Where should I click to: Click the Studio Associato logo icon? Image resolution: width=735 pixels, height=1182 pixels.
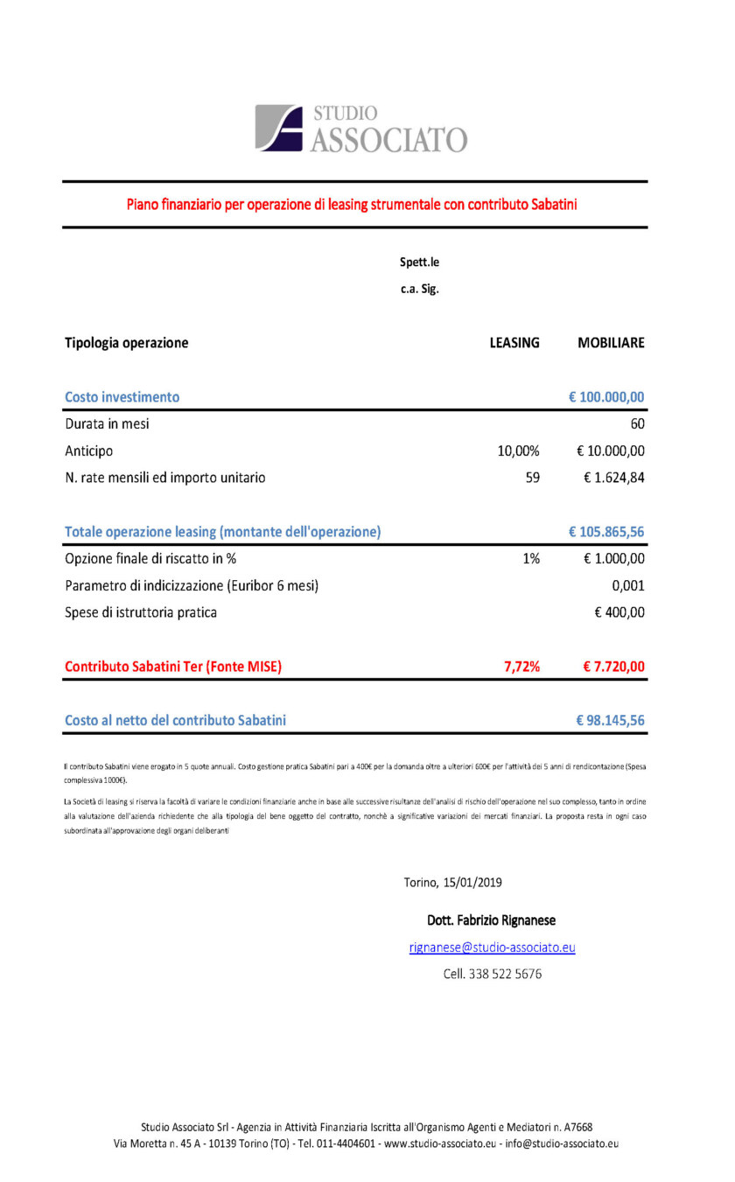click(x=278, y=128)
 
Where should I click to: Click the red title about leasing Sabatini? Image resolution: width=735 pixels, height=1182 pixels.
click(x=352, y=205)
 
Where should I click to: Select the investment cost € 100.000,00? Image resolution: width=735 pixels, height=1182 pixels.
click(x=606, y=397)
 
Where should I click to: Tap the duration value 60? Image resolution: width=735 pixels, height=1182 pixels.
click(x=636, y=424)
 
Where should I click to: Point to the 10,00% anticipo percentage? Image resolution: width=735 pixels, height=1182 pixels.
click(x=518, y=451)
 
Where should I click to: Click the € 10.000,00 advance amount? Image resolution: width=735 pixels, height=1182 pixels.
click(x=611, y=451)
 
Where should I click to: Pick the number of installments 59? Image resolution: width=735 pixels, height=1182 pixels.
click(x=531, y=478)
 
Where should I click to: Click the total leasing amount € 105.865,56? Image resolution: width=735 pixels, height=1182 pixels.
click(x=606, y=532)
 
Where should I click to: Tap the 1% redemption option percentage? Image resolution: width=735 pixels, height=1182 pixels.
click(x=531, y=559)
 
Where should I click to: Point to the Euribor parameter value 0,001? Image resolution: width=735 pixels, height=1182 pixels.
click(x=627, y=585)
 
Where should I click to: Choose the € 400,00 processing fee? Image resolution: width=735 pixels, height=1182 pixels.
click(x=619, y=612)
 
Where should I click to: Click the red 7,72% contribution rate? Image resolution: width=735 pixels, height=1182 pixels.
click(x=521, y=667)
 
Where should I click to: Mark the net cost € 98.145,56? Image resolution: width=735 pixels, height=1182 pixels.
click(x=610, y=721)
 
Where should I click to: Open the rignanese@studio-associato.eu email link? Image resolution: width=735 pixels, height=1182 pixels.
click(x=492, y=948)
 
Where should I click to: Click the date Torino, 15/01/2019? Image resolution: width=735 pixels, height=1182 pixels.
click(x=452, y=882)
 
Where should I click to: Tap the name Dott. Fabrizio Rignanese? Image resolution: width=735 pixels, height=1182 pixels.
click(x=491, y=920)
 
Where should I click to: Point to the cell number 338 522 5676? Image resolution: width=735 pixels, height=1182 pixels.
click(x=492, y=974)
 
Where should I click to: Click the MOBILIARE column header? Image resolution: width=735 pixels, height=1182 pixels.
click(x=611, y=343)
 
